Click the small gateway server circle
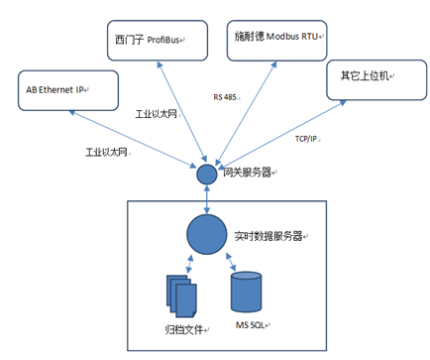205,174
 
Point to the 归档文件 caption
182,329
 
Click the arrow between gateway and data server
205,198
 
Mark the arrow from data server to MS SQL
228,263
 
